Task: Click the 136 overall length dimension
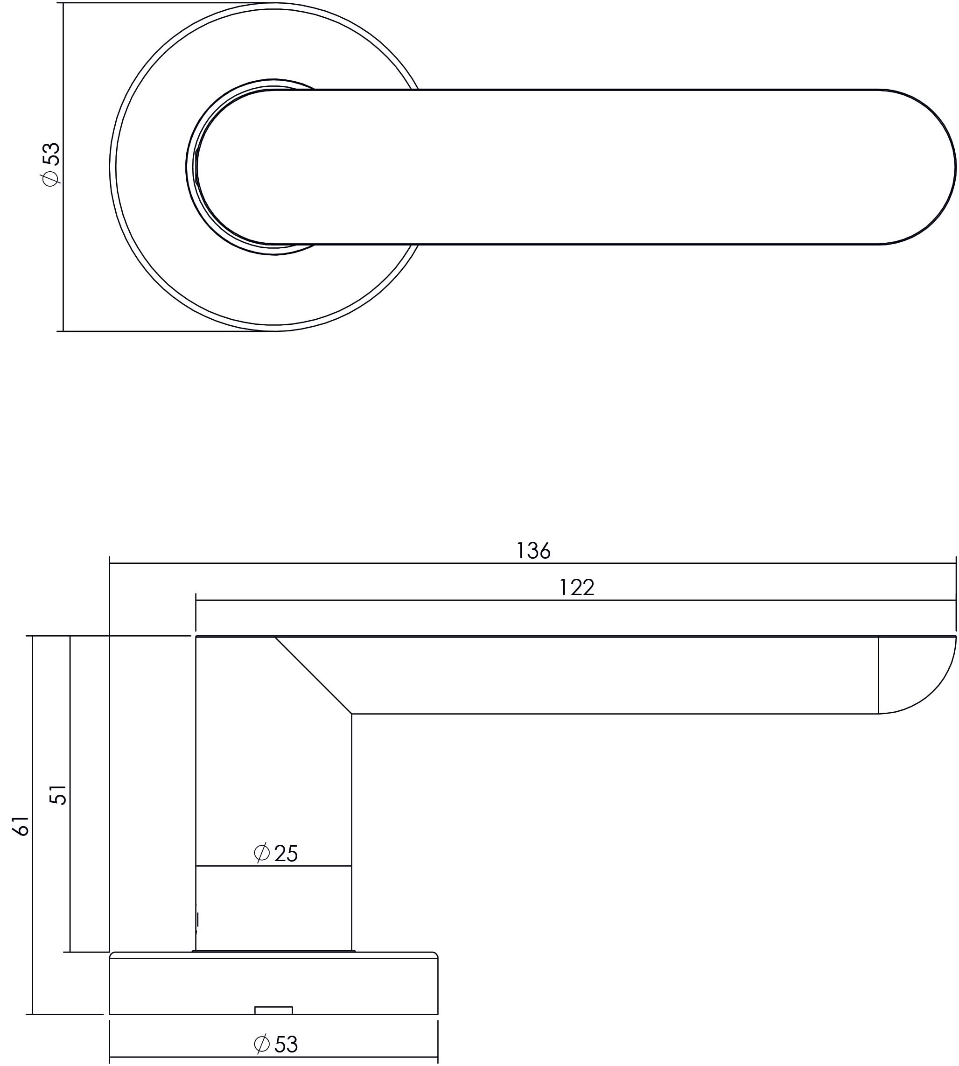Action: (x=533, y=551)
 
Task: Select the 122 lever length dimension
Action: (x=576, y=588)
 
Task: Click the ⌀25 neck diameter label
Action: (x=276, y=853)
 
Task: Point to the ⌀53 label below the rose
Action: (x=276, y=1045)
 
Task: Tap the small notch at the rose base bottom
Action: (x=273, y=1010)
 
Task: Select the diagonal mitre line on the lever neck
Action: (x=313, y=675)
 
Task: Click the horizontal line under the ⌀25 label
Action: (x=273, y=865)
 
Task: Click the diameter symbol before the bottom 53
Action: (x=262, y=1044)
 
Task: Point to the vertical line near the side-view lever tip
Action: (x=878, y=675)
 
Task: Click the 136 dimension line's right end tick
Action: (x=955, y=563)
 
